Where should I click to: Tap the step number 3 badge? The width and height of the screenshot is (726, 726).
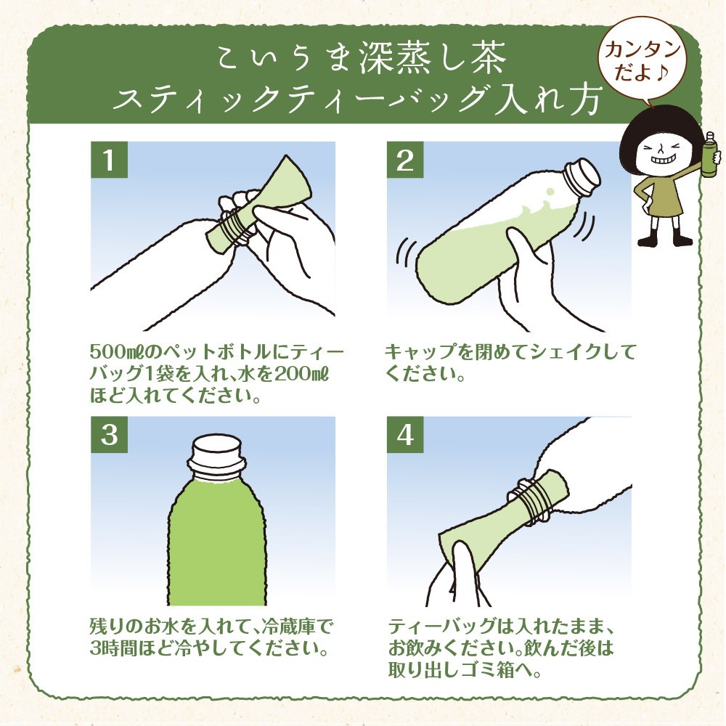(110, 435)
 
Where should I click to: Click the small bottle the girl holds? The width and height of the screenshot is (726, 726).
(709, 154)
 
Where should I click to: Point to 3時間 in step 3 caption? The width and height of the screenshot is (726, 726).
(116, 645)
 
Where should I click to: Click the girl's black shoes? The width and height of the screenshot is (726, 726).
(663, 238)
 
